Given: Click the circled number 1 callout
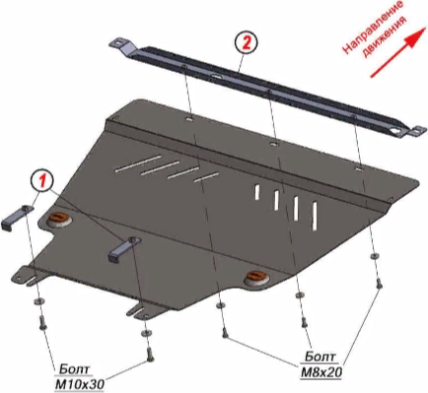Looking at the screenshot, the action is point(42,181).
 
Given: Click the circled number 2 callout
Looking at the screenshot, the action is point(247,43).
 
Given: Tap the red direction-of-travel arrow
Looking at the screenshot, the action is point(398,52).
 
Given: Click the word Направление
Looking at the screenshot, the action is point(373,27).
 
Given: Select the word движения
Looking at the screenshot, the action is point(384,36).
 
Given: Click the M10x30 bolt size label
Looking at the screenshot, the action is point(79,383).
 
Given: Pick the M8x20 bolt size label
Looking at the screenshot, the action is point(321,372).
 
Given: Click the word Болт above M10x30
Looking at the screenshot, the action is point(74,369).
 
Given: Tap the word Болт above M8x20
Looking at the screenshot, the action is point(321,357).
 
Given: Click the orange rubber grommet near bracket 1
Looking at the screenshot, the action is point(59,219).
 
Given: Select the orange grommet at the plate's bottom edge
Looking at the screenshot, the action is point(256,277).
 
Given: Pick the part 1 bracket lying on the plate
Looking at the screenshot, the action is point(125,248).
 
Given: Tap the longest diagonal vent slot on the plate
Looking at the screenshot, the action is point(138,164).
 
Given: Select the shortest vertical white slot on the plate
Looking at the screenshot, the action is point(256,193).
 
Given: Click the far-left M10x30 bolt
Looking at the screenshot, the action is point(42,322).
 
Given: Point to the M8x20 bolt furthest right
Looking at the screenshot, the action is point(379,284).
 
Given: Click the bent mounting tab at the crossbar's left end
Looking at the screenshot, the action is point(123,46).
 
